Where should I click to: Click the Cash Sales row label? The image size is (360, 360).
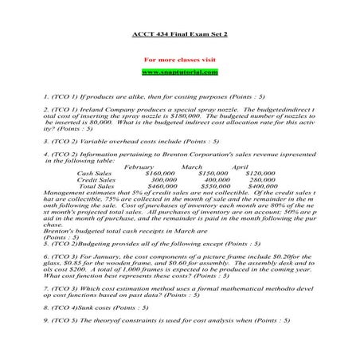(x=96, y=173)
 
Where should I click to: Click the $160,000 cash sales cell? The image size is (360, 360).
(x=160, y=173)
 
